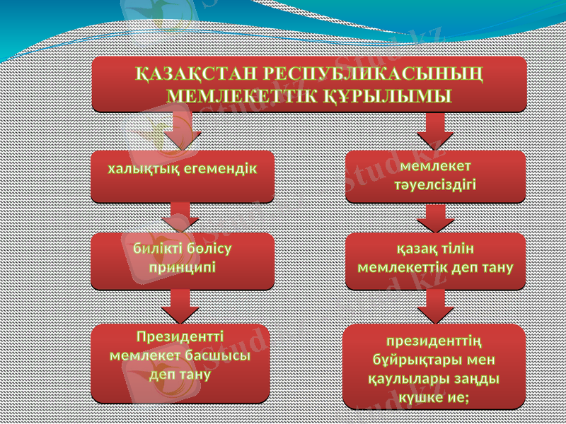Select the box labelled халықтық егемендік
183,177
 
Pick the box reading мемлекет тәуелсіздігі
435,176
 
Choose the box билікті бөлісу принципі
183,260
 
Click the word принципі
183,269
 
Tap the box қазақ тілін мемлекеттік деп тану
435,260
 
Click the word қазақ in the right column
415,249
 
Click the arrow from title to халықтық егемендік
182,131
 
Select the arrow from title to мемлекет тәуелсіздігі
434,131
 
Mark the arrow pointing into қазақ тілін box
434,218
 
